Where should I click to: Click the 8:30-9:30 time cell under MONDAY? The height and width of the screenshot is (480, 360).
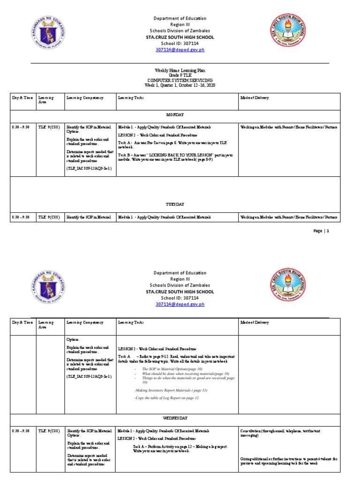[21, 127]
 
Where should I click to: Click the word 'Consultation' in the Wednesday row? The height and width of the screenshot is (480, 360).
[253, 430]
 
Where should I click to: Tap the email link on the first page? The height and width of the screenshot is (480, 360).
[180, 50]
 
